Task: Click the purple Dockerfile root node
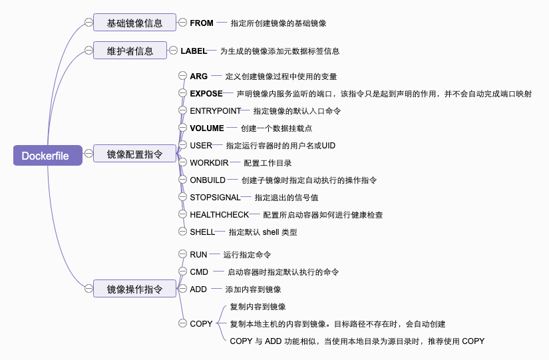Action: (45, 156)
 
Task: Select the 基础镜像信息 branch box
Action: (134, 23)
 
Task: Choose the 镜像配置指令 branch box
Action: (134, 154)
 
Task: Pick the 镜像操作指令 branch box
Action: (134, 289)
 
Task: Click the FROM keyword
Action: (202, 23)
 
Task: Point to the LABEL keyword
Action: (194, 51)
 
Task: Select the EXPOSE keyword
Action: (206, 94)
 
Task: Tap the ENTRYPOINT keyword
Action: (214, 110)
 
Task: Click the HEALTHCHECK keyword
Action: (219, 215)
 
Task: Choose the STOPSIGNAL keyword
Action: (215, 197)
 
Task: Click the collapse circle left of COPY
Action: (183, 324)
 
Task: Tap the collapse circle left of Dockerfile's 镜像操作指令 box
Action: (88, 289)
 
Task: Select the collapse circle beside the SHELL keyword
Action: (183, 232)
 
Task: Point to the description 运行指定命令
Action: (247, 255)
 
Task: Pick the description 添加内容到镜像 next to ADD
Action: (253, 289)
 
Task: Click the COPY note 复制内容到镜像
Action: (258, 307)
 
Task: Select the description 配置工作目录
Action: (268, 163)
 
